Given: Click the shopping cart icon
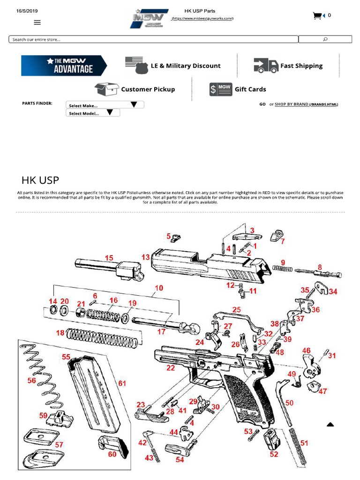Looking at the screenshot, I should pos(318,16).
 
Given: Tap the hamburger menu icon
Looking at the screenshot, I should pos(37,22).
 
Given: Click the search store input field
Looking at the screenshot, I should pos(153,39).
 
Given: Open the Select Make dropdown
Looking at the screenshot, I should pos(105,105).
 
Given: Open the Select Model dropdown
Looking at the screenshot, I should pos(93,113).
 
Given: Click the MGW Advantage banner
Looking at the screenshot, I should pos(64,66).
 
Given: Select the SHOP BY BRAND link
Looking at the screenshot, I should pos(291,104).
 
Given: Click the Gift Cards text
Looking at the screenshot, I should pos(250,89).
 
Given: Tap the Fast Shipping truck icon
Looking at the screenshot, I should pos(266,66).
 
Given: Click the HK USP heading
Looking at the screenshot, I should pos(40,180).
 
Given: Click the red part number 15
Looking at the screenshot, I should pos(109,258).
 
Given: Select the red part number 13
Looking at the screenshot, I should pos(145,257).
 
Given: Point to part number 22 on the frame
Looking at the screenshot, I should pos(171,368).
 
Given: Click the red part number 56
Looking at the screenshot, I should pos(31,381).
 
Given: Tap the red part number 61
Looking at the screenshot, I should pos(122,383).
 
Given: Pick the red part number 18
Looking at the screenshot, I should pos(60,333).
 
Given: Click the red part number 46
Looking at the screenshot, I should pos(306,350).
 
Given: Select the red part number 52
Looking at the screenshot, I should pos(274,454).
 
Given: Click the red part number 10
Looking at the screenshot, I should pos(159,288).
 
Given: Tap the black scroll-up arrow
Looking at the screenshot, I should pos(330,424).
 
